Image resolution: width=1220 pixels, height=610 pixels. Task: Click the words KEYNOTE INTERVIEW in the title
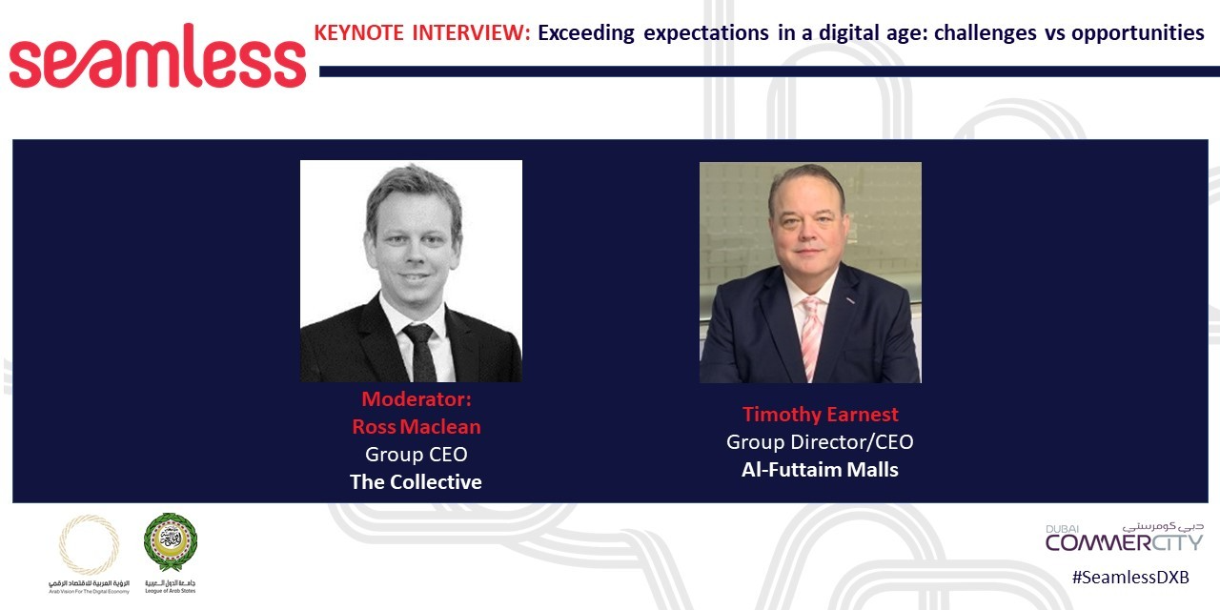[421, 33]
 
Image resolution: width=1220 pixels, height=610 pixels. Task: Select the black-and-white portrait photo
[411, 271]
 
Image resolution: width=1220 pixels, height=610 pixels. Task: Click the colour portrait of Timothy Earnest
[810, 273]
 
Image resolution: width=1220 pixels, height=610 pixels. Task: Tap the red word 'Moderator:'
[416, 399]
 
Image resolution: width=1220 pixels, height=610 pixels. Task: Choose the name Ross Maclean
[416, 427]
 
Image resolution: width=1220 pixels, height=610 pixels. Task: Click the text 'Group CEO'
[416, 455]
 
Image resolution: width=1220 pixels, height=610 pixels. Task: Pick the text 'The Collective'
[416, 482]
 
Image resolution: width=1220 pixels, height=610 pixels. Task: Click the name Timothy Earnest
[820, 415]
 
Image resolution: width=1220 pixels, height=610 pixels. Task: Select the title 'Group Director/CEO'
[820, 442]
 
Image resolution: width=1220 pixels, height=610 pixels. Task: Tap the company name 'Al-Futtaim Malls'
[820, 470]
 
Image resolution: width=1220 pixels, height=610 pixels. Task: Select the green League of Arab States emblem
[171, 543]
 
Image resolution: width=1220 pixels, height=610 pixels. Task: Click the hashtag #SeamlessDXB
[1129, 578]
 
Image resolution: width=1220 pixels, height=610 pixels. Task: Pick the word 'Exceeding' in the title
[586, 33]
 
